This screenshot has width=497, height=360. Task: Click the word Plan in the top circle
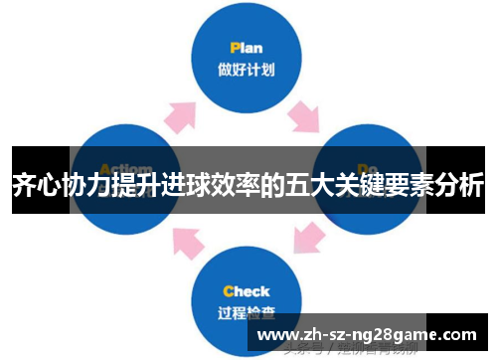pyautogui.click(x=246, y=48)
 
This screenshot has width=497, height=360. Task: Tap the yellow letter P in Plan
pyautogui.click(x=234, y=48)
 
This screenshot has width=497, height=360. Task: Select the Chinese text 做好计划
pyautogui.click(x=246, y=70)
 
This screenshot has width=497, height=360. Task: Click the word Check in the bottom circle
pyautogui.click(x=246, y=291)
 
